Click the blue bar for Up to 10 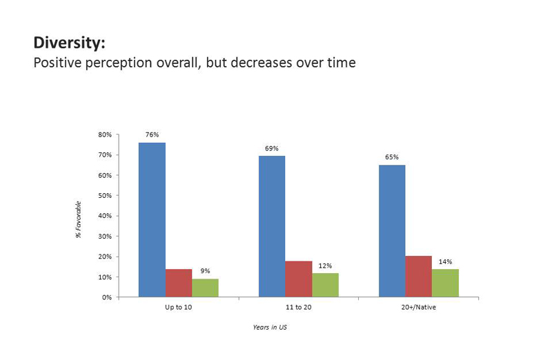152,219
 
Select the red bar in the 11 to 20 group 299,279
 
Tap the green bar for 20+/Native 445,283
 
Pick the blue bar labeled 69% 272,226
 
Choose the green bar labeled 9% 205,288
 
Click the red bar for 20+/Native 419,277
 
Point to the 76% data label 152,134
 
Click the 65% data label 392,157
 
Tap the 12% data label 325,266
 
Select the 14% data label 445,261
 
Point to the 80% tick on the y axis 105,134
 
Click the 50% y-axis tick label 105,195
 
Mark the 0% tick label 107,297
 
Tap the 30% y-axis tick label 105,236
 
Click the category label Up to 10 179,307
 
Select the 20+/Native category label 419,307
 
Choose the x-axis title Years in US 270,328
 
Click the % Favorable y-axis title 78,219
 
